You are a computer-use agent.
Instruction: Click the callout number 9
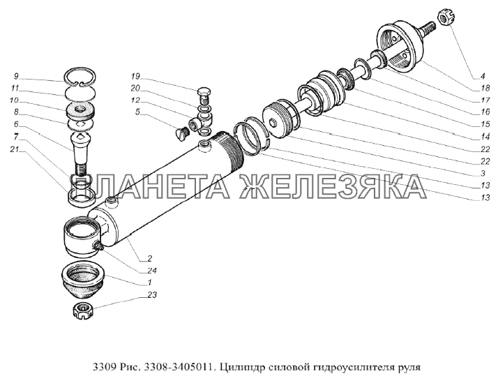(16, 76)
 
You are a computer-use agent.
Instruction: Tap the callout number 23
(152, 295)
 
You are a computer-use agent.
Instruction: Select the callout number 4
(483, 76)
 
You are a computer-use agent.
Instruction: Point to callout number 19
(135, 76)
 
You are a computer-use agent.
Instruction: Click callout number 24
(152, 271)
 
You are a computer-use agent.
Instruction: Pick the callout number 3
(483, 174)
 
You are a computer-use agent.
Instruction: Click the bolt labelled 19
(204, 96)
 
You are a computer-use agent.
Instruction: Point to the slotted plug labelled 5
(182, 132)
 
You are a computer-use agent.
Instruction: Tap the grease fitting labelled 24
(98, 246)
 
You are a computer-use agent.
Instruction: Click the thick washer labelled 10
(81, 111)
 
